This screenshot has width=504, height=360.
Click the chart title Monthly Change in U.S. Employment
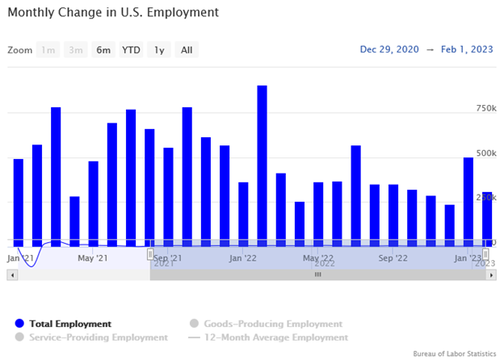(x=112, y=14)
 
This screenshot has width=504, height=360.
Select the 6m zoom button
(x=103, y=50)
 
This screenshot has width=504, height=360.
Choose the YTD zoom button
(x=131, y=50)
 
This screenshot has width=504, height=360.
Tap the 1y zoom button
(x=160, y=50)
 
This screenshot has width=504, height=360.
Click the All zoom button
(x=187, y=50)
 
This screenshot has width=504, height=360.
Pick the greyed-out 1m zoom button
(x=48, y=50)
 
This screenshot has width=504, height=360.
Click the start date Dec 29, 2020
(x=390, y=49)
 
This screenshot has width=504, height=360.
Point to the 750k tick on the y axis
(x=485, y=108)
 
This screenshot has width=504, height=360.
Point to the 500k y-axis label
(x=485, y=153)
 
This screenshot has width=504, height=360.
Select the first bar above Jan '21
(x=19, y=200)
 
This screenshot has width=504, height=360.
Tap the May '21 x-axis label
(x=93, y=258)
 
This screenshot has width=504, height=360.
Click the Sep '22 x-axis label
(x=393, y=258)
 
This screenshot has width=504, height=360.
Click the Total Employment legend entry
(x=69, y=324)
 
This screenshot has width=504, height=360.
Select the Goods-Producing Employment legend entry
(x=267, y=324)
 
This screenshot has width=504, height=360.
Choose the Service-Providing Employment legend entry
(x=98, y=337)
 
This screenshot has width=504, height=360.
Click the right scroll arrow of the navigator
(x=491, y=275)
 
